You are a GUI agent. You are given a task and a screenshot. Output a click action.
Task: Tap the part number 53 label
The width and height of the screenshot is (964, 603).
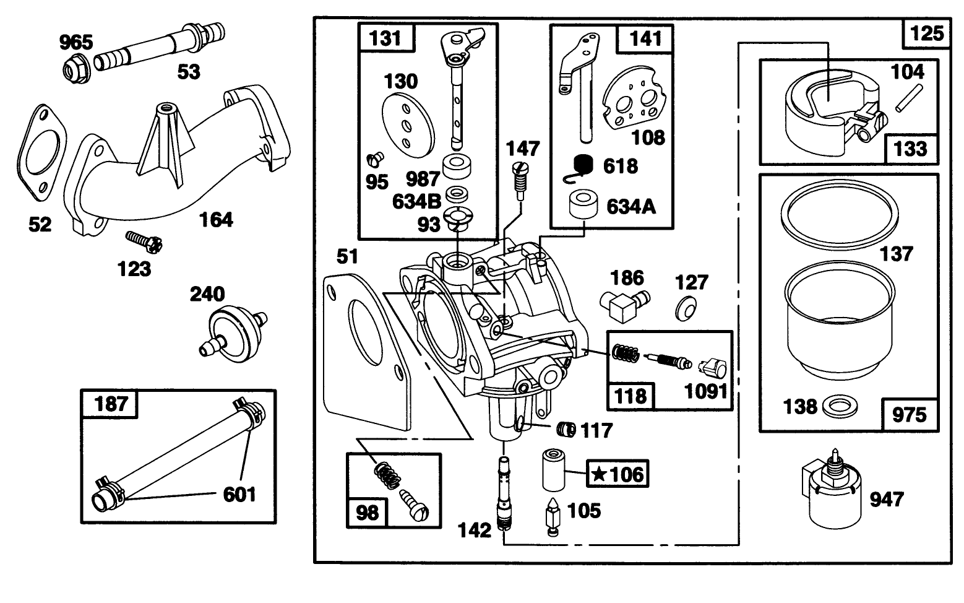pos(189,72)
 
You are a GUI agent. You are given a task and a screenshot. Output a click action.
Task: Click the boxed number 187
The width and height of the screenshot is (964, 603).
pos(111,404)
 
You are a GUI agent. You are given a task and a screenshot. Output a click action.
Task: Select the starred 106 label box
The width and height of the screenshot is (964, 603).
pos(617,475)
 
